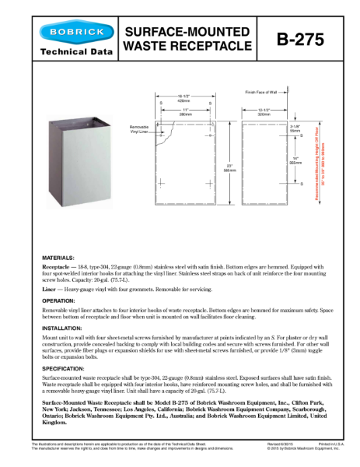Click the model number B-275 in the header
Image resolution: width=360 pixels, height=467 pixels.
click(x=306, y=39)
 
